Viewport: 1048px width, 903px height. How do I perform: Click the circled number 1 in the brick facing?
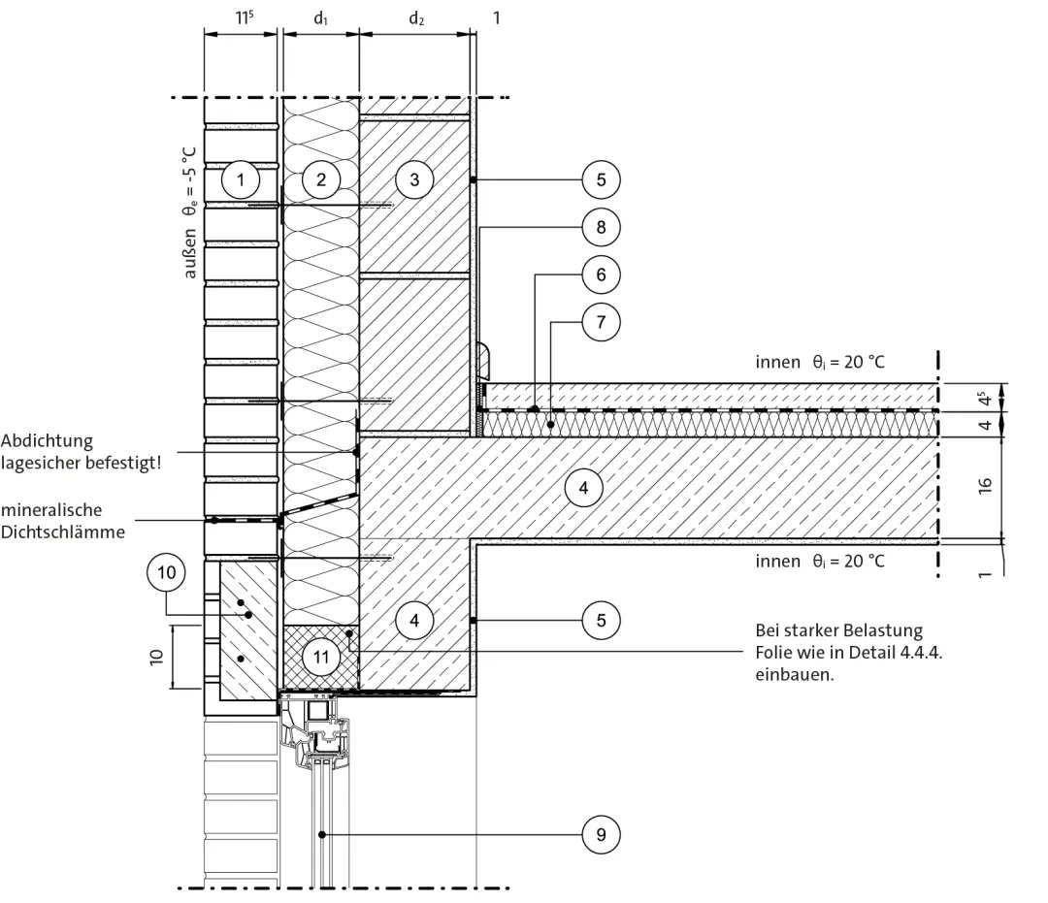(241, 179)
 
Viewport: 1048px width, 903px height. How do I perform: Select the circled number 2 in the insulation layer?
(321, 179)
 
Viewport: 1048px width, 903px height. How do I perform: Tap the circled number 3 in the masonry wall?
(414, 179)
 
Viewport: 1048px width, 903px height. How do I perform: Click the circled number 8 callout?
(601, 227)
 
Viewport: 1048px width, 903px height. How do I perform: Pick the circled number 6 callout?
(601, 274)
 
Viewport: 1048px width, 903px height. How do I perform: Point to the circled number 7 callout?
(601, 322)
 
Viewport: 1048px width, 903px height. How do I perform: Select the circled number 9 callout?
(601, 834)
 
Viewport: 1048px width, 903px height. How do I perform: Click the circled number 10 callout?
(167, 572)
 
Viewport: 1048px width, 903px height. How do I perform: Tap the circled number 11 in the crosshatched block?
(321, 657)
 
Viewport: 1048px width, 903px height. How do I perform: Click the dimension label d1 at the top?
(321, 18)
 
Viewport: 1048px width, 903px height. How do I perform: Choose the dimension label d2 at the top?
(416, 18)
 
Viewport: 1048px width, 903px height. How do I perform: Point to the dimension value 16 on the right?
(985, 486)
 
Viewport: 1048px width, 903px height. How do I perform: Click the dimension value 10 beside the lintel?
(155, 657)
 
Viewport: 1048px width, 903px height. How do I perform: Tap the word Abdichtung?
(47, 440)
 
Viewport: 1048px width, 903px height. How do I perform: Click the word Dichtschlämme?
(63, 532)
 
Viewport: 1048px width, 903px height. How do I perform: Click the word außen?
(190, 254)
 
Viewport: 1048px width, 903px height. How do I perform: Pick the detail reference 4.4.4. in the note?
(921, 653)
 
